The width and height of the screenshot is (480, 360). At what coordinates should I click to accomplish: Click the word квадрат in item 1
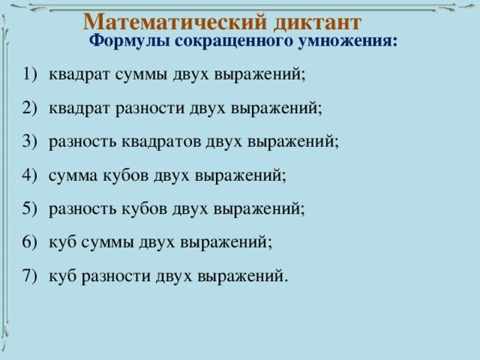[x=78, y=74]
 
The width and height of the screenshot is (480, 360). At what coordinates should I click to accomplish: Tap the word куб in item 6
[x=62, y=242]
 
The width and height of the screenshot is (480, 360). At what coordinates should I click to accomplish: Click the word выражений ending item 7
[x=241, y=275]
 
